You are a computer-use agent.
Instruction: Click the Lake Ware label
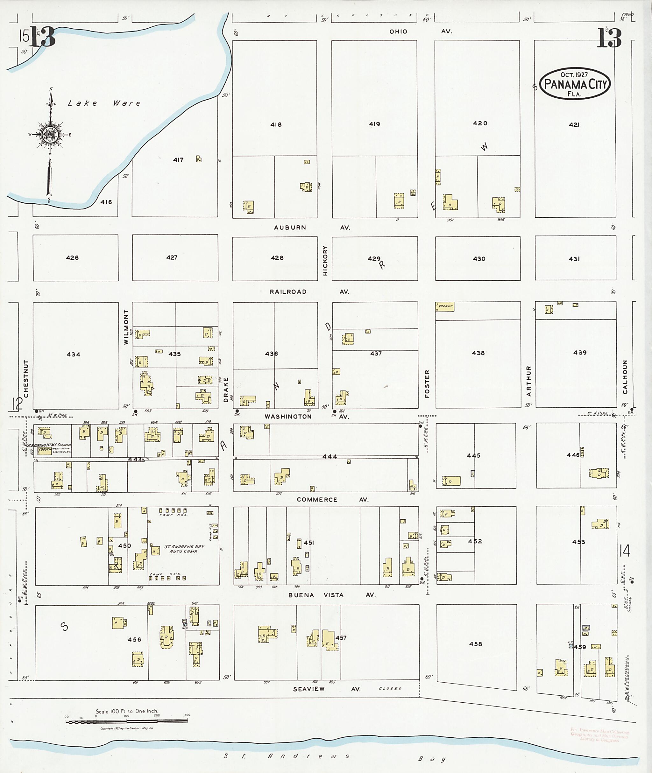pyautogui.click(x=104, y=103)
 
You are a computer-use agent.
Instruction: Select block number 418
pyautogui.click(x=276, y=124)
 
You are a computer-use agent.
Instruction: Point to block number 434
pyautogui.click(x=74, y=354)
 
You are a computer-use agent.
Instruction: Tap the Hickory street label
pyautogui.click(x=325, y=261)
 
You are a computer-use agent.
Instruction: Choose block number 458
pyautogui.click(x=475, y=644)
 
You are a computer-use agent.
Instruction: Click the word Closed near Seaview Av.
pyautogui.click(x=390, y=688)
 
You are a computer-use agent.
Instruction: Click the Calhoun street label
pyautogui.click(x=625, y=376)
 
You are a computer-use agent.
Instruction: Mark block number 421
pyautogui.click(x=574, y=125)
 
